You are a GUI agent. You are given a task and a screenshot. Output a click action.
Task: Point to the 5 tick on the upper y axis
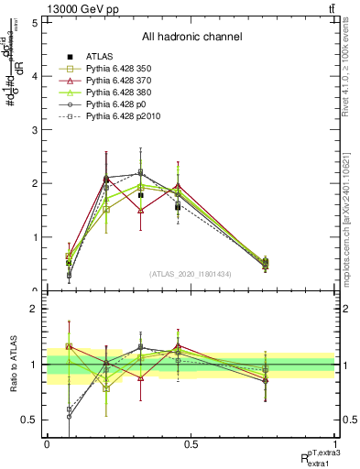click(34, 23)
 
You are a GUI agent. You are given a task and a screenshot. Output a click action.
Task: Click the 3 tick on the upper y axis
click(34, 130)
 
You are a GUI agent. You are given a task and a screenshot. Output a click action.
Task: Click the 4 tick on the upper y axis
click(34, 77)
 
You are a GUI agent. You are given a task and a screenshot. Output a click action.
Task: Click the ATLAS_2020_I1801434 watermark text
click(191, 275)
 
